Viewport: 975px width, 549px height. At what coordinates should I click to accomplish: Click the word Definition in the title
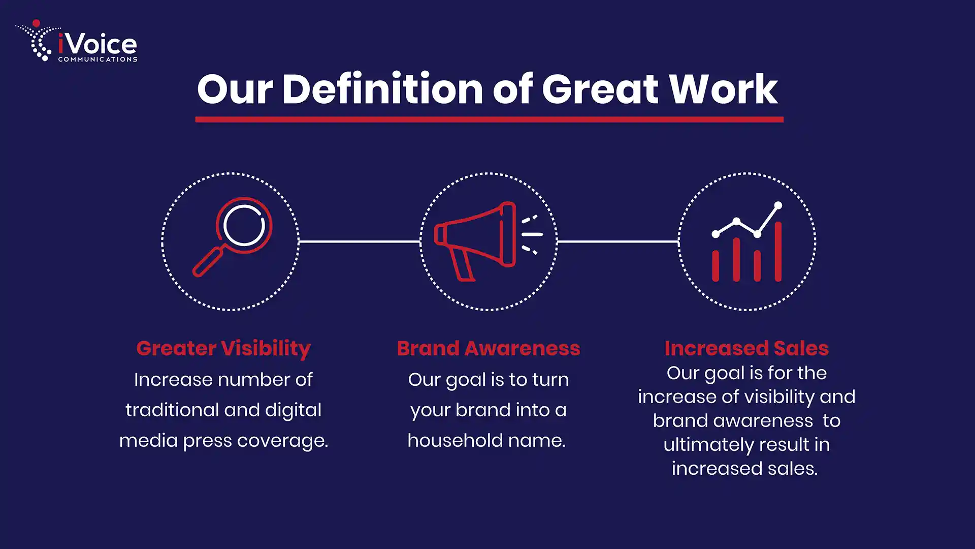(382, 89)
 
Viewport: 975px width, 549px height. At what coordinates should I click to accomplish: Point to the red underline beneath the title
(489, 119)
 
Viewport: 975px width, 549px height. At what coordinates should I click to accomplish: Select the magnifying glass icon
(233, 236)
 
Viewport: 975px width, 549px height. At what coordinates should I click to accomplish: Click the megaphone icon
(488, 241)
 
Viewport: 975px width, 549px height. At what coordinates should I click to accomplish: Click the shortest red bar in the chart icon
(716, 265)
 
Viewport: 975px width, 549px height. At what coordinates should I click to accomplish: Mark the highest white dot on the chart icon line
(778, 205)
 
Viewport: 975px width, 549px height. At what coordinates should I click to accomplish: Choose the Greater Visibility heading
(223, 349)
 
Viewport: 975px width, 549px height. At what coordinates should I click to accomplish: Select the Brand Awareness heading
(489, 349)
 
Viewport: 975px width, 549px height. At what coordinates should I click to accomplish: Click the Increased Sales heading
(746, 349)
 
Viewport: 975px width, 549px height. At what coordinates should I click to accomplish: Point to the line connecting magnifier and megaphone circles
(360, 241)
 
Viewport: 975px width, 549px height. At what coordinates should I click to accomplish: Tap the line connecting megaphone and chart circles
(618, 241)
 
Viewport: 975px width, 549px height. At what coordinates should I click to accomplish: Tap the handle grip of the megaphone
(464, 265)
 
